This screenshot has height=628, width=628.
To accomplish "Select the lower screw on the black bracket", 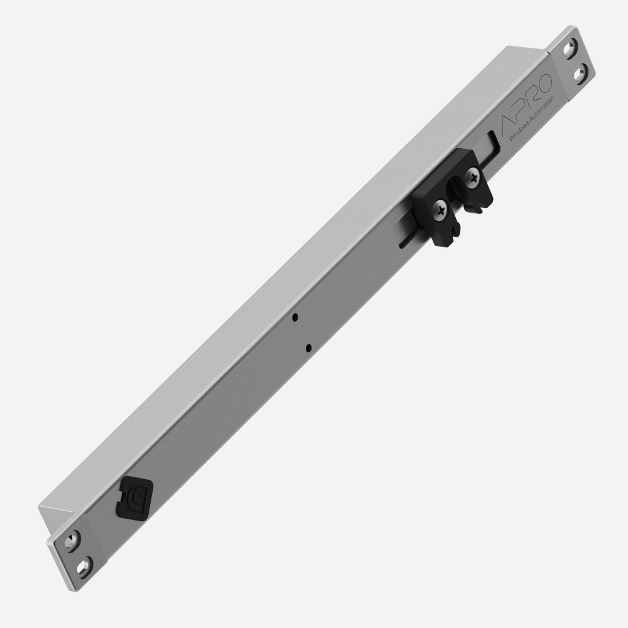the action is (441, 208).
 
